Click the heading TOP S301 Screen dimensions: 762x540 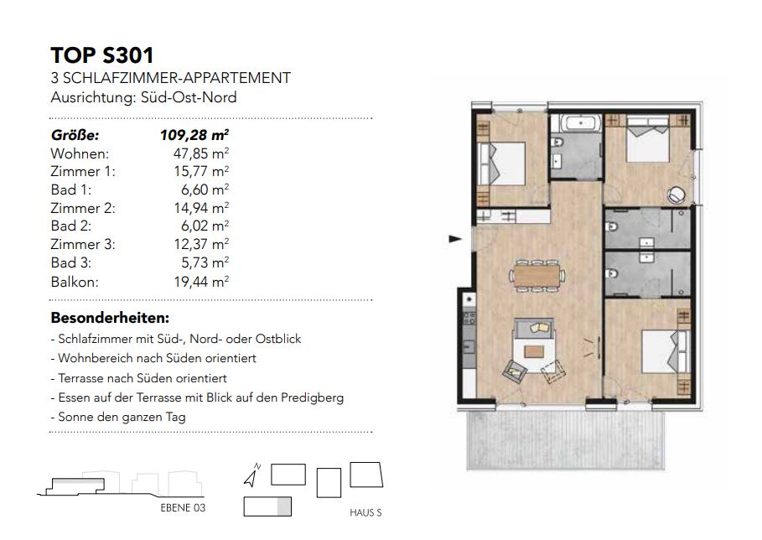pos(102,55)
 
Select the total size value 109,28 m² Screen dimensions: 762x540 pos(194,135)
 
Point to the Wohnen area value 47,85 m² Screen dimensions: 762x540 pos(201,153)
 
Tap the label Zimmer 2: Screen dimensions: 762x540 pos(83,208)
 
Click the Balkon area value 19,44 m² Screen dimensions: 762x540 pos(201,282)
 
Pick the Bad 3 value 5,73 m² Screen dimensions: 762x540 pos(205,263)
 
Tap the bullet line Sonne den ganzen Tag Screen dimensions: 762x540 pos(118,417)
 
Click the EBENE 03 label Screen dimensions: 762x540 pos(183,508)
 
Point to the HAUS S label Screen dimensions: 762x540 pos(365,513)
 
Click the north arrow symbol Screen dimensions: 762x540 pos(251,475)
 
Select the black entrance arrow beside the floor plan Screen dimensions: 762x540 pos(455,239)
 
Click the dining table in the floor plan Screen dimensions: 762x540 pos(537,276)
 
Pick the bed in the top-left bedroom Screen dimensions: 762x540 pos(501,164)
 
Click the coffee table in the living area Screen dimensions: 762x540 pos(534,351)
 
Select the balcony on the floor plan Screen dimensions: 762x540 pos(565,440)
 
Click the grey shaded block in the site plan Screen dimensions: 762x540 pos(284,506)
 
